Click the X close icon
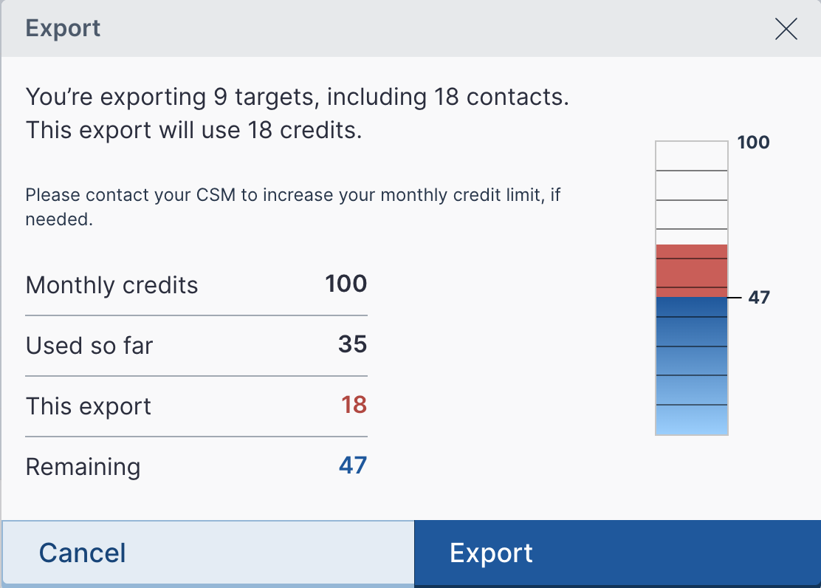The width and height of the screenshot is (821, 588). pyautogui.click(x=786, y=29)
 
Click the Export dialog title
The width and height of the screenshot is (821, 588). pyautogui.click(x=63, y=29)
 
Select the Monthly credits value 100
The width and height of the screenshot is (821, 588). pyautogui.click(x=346, y=284)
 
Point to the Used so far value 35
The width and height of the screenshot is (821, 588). pyautogui.click(x=352, y=345)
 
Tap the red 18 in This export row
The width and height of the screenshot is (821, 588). pyautogui.click(x=354, y=406)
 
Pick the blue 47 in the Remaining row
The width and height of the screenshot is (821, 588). pyautogui.click(x=352, y=465)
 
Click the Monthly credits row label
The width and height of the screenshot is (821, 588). pyautogui.click(x=111, y=285)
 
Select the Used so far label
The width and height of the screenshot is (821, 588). pyautogui.click(x=89, y=346)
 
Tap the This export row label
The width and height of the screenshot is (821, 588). pyautogui.click(x=89, y=406)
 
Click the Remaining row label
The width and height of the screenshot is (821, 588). pyautogui.click(x=83, y=467)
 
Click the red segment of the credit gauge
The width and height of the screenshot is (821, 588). pyautogui.click(x=691, y=270)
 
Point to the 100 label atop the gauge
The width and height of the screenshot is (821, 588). pyautogui.click(x=753, y=143)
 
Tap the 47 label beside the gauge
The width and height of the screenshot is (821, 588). pyautogui.click(x=759, y=298)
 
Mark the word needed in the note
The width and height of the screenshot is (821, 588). pyautogui.click(x=58, y=219)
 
